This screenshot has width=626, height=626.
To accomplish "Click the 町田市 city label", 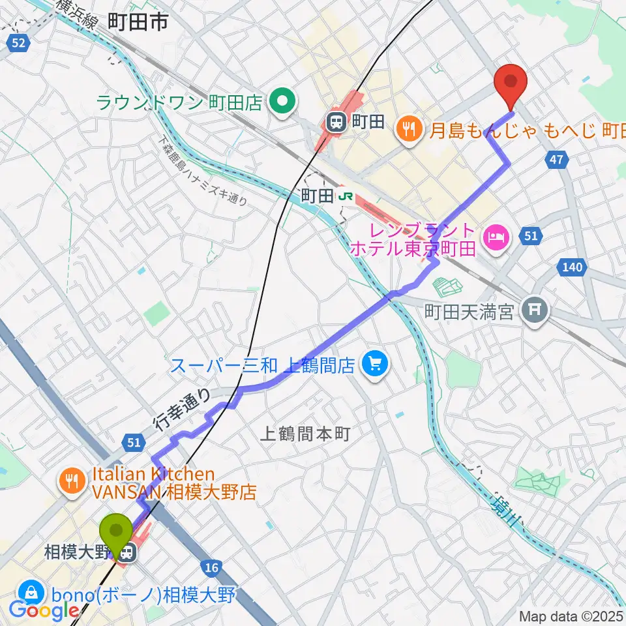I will tap(138, 22).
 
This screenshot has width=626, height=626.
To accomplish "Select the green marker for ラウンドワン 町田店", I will tap(282, 102).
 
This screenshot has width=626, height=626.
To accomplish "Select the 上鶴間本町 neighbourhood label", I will tap(306, 433).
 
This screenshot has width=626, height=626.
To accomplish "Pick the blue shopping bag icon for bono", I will tap(30, 594).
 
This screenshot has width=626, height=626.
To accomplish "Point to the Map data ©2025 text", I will tap(571, 616).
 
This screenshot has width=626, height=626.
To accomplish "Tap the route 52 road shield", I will tap(20, 43).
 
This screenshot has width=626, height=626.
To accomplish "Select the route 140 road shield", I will tap(571, 267).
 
